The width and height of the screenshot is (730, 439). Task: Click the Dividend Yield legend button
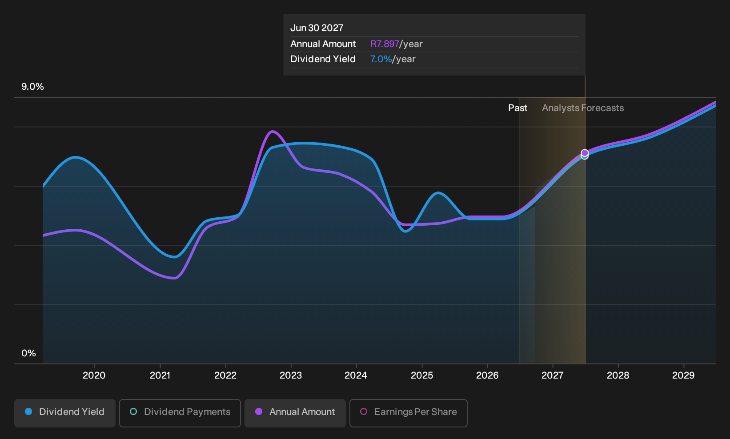tap(64, 413)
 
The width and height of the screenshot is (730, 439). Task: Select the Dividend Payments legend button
tap(180, 413)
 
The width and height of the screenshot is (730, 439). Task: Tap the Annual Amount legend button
tap(295, 413)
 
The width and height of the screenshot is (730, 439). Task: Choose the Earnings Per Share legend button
tap(408, 413)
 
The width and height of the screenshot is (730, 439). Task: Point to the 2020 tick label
tap(94, 375)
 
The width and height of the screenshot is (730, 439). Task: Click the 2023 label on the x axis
tap(291, 375)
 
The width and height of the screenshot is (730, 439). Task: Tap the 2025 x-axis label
tap(422, 375)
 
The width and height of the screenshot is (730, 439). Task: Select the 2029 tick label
tap(683, 375)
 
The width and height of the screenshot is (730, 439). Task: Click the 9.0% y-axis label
tap(32, 87)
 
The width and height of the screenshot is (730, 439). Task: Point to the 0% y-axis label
tap(29, 353)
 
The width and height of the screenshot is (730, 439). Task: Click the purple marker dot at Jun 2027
tap(585, 153)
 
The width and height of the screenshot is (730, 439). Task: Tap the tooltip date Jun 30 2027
tap(317, 28)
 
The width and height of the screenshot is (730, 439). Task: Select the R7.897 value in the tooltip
tap(385, 44)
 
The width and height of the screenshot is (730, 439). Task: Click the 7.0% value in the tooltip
tap(381, 59)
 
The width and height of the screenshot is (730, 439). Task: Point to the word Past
tap(517, 108)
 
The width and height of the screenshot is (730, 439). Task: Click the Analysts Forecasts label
tap(583, 108)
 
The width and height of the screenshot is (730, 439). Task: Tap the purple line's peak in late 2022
tap(272, 131)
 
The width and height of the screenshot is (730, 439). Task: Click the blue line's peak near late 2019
tap(76, 157)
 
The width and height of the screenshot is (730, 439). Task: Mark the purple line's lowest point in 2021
tap(175, 278)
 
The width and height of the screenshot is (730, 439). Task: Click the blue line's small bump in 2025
tap(438, 193)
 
